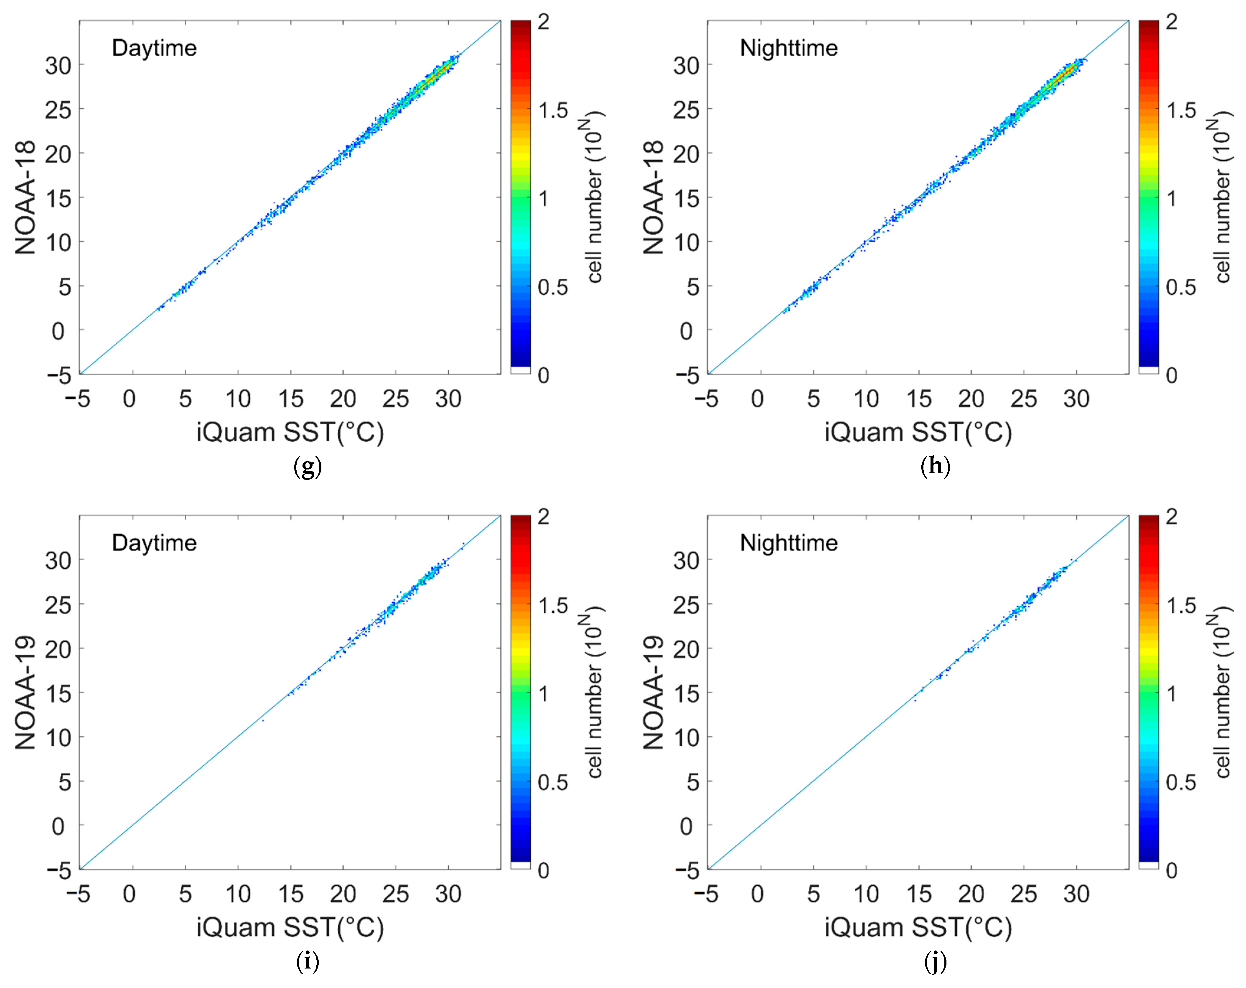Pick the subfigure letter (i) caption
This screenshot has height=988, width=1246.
(x=308, y=961)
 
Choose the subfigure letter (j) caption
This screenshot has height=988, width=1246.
(x=935, y=961)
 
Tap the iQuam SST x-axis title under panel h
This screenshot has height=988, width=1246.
(x=918, y=432)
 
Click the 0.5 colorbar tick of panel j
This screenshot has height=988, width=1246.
(x=1181, y=782)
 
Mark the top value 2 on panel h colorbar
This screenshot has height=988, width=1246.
(x=1171, y=22)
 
